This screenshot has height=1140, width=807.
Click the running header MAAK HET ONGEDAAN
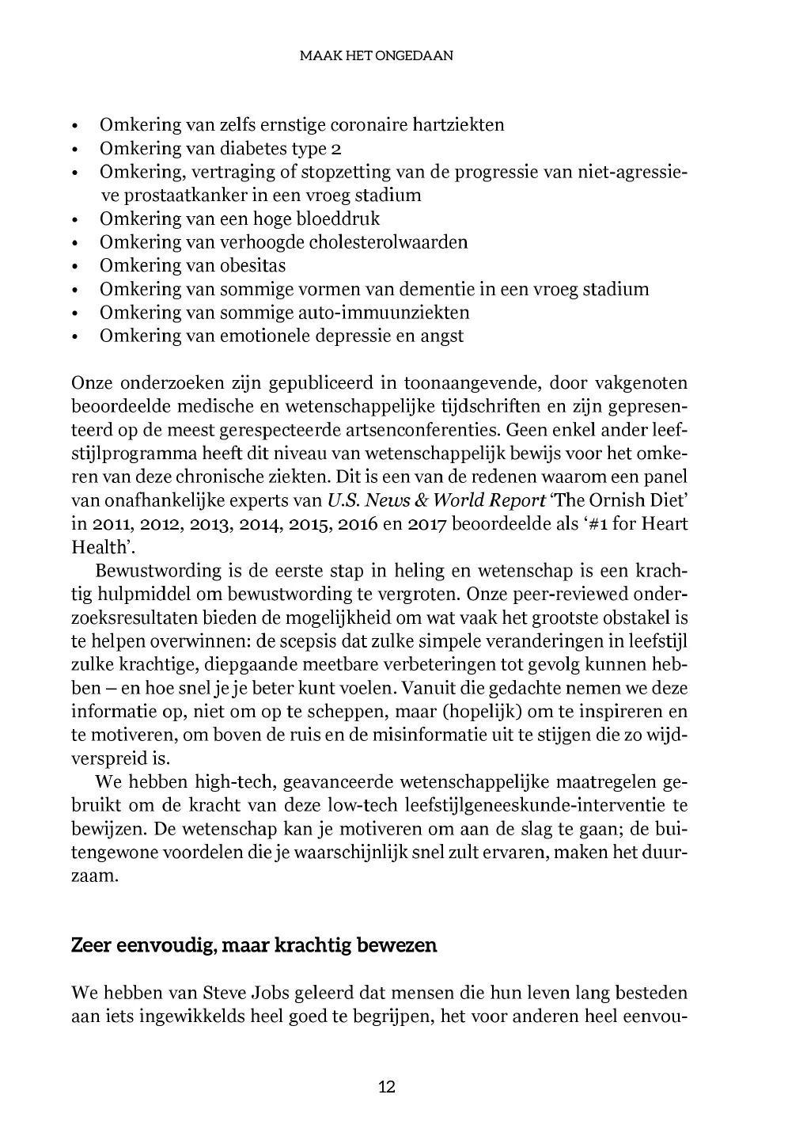click(377, 56)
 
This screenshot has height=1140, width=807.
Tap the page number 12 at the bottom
click(387, 1086)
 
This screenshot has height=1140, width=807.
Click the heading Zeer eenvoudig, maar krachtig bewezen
click(254, 945)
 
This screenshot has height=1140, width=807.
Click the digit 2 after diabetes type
click(336, 148)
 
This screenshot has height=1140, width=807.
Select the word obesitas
click(253, 265)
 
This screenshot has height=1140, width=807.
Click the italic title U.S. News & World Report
click(436, 500)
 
